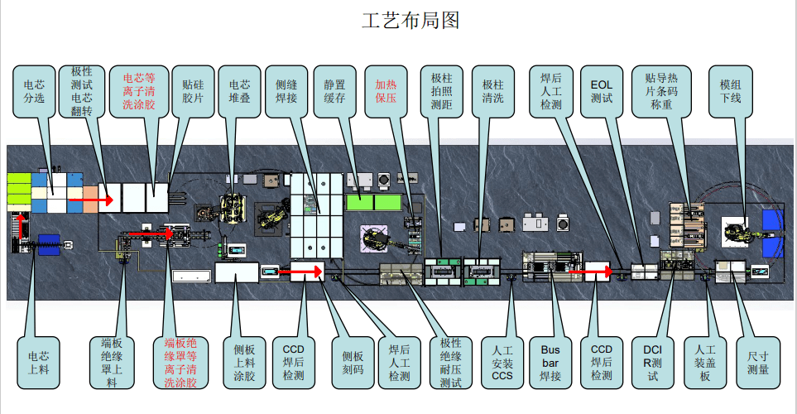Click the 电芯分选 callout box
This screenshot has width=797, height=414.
tap(34, 91)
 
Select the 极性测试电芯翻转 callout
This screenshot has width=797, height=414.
tap(82, 91)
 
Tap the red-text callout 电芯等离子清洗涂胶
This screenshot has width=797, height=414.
tap(138, 91)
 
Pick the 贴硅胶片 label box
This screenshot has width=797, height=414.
tap(192, 91)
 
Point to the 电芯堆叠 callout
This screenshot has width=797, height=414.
tap(239, 91)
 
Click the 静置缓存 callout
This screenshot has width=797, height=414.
tap(334, 91)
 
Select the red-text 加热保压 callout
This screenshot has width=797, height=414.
tap(386, 91)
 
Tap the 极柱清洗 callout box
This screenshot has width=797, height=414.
tap(492, 91)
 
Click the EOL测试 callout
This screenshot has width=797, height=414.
tap(602, 91)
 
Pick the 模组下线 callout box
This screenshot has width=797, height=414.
tap(730, 91)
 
